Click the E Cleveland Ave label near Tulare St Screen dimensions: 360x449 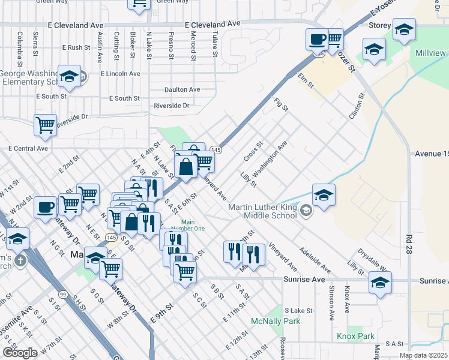(212, 24)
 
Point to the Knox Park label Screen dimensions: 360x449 (355, 336)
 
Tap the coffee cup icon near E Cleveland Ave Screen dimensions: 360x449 (316, 40)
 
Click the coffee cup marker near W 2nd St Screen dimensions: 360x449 (45, 208)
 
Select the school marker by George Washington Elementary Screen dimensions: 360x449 (70, 76)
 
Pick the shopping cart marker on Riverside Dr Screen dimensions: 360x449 (45, 125)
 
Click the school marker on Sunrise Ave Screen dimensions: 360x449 (380, 283)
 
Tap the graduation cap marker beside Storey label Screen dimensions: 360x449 (405, 29)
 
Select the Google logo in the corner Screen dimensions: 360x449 (20, 353)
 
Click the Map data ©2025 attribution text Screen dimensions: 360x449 (423, 355)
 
